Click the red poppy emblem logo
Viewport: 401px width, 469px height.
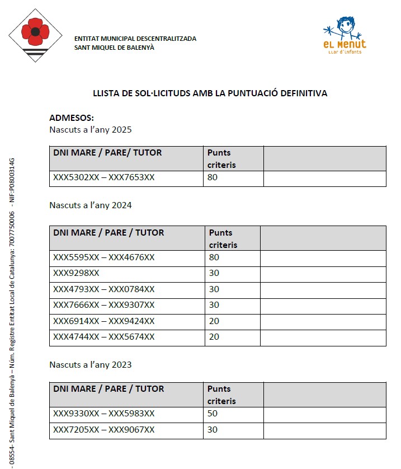tap(35, 35)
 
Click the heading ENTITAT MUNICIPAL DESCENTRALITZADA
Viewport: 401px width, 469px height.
tap(135, 39)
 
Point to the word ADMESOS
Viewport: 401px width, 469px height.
tap(72, 118)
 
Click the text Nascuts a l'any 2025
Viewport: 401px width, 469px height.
tap(91, 130)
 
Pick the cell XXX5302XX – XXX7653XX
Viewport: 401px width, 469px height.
tap(104, 178)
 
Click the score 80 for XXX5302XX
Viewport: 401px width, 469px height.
tap(212, 178)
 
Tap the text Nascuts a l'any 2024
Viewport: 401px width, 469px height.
tap(91, 205)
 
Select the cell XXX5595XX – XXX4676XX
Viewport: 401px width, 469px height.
tap(104, 257)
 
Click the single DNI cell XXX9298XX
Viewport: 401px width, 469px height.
tap(76, 273)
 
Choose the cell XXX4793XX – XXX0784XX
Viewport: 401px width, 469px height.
tap(104, 289)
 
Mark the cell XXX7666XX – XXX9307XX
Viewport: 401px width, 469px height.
tap(104, 305)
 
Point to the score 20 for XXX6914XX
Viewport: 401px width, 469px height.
tap(214, 321)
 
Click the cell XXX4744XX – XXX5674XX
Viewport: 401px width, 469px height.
tap(104, 337)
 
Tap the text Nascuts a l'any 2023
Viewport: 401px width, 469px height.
tap(91, 365)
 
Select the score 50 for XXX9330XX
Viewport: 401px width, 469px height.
tap(212, 414)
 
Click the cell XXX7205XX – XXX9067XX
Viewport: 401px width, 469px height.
tap(104, 430)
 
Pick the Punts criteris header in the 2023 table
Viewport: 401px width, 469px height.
tap(221, 395)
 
